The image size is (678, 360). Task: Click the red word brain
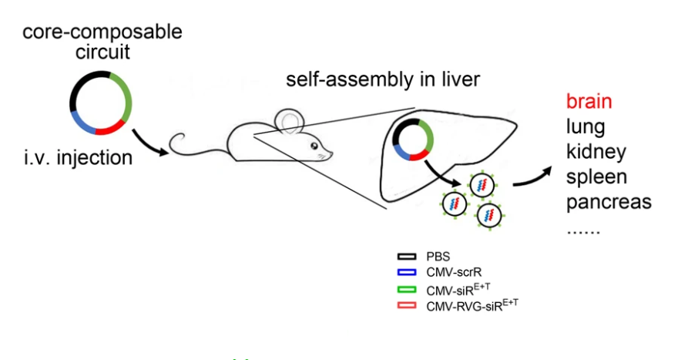[x=589, y=102]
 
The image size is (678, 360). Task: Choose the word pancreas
[x=609, y=202]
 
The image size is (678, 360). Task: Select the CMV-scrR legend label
[x=451, y=271]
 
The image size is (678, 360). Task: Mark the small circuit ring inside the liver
[x=414, y=139]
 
